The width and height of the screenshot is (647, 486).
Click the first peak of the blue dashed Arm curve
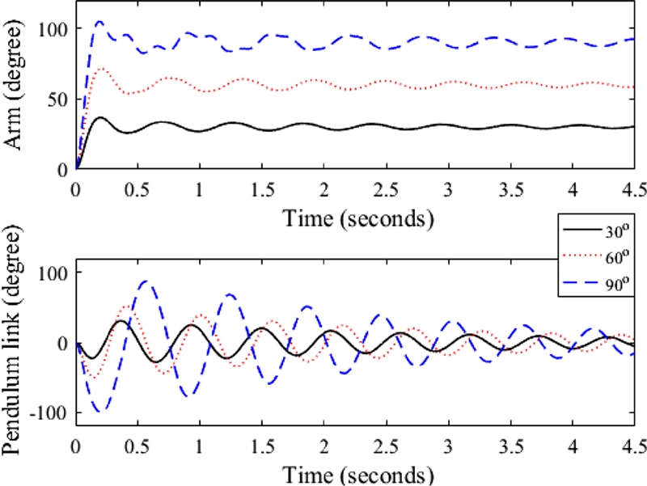99,22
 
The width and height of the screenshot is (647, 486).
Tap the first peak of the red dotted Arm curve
101,69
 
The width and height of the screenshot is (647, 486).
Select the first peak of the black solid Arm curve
100,118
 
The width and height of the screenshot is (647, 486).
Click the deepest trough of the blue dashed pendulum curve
101,412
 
